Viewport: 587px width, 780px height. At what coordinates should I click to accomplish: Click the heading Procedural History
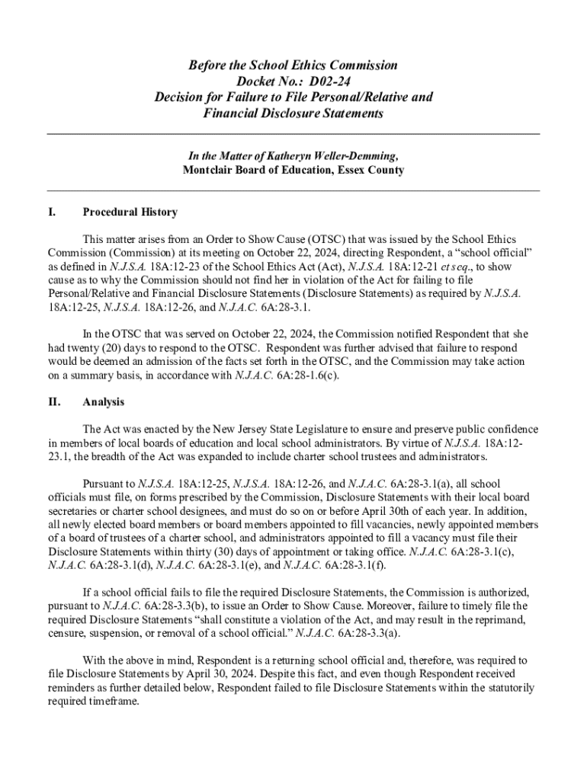click(x=130, y=212)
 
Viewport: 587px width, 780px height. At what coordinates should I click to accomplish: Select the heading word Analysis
click(x=104, y=401)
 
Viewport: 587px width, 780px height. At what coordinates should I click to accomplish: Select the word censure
click(x=66, y=634)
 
